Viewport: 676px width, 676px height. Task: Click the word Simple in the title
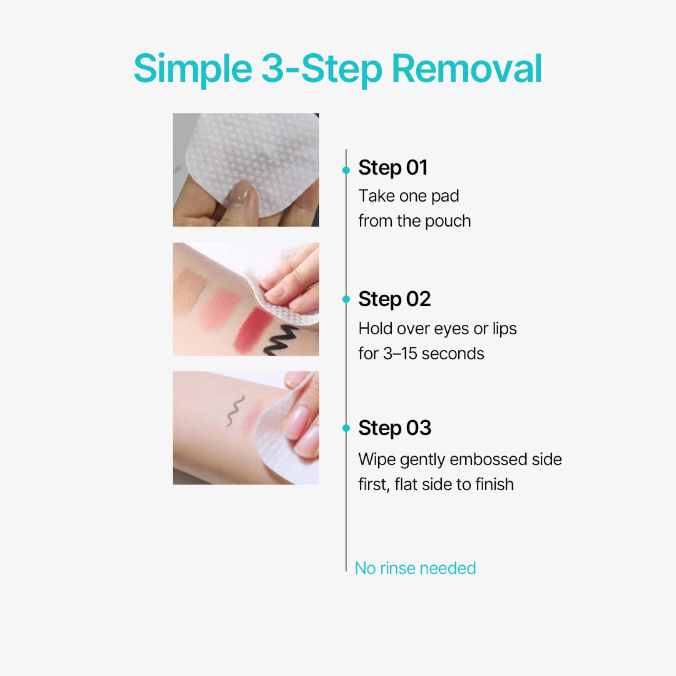[192, 69]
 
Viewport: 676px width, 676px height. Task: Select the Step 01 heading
[392, 168]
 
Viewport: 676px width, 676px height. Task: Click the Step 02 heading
[394, 299]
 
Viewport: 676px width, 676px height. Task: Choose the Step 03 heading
[394, 428]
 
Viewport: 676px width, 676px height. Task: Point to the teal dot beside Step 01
[346, 170]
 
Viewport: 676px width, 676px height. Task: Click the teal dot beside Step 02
[346, 300]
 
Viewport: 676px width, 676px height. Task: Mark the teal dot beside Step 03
[346, 429]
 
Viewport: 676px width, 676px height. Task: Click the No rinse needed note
[415, 568]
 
